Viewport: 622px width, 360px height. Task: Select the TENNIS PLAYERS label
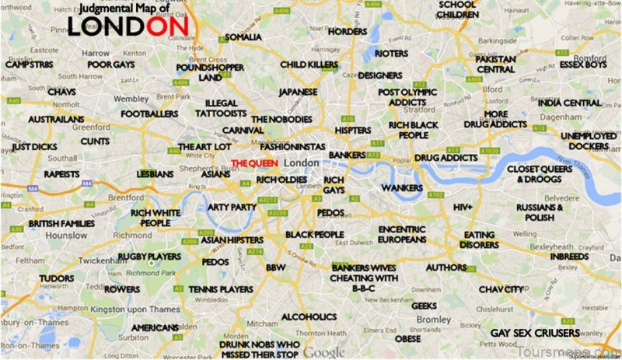[x=221, y=289]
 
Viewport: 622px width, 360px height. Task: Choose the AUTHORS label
[x=446, y=268]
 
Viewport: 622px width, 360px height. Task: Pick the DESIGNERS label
[x=379, y=75]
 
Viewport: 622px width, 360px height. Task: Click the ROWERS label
[x=123, y=289]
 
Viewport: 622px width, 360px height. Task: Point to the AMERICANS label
[x=154, y=327]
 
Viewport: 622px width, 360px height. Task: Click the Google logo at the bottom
[x=324, y=351]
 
